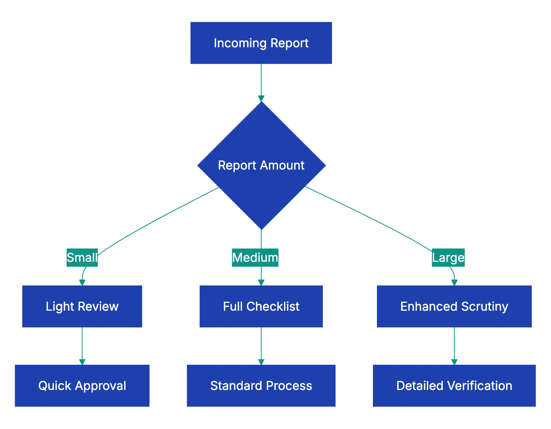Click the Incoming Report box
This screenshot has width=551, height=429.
coord(261,43)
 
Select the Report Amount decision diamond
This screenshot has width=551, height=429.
coord(261,165)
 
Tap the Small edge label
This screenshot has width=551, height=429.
coord(82,257)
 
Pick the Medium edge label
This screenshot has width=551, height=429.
coord(255,257)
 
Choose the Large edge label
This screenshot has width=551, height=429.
coord(448,257)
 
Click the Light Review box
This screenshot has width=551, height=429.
coord(82,306)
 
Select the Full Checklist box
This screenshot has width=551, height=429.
coord(261,306)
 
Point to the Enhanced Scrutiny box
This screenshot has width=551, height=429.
coord(454,306)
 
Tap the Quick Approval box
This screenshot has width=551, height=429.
coord(82,385)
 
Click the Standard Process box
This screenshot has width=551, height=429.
coord(261,385)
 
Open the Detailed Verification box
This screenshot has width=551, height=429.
coord(454,385)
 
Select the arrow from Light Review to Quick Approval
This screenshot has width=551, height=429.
coord(82,345)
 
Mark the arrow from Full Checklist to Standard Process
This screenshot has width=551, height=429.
coord(261,345)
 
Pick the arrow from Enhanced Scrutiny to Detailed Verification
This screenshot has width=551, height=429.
coord(454,345)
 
